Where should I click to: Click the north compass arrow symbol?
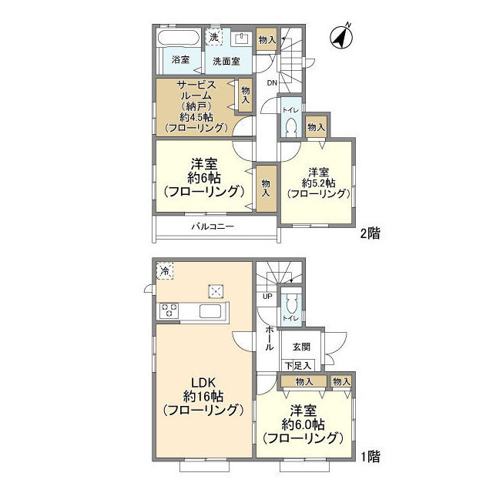pyautogui.click(x=340, y=35)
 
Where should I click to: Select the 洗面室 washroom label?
pyautogui.click(x=230, y=59)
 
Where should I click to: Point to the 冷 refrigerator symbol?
pyautogui.click(x=165, y=270)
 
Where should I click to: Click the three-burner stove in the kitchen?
pyautogui.click(x=169, y=310)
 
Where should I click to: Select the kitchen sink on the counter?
pyautogui.click(x=211, y=311)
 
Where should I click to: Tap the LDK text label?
pyautogui.click(x=203, y=382)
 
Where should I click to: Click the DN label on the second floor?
pyautogui.click(x=272, y=82)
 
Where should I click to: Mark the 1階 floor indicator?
pyautogui.click(x=371, y=456)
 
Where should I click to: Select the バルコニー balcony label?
pyautogui.click(x=212, y=226)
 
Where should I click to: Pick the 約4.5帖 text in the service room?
pyautogui.click(x=192, y=116)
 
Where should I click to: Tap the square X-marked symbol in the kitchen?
pyautogui.click(x=216, y=290)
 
